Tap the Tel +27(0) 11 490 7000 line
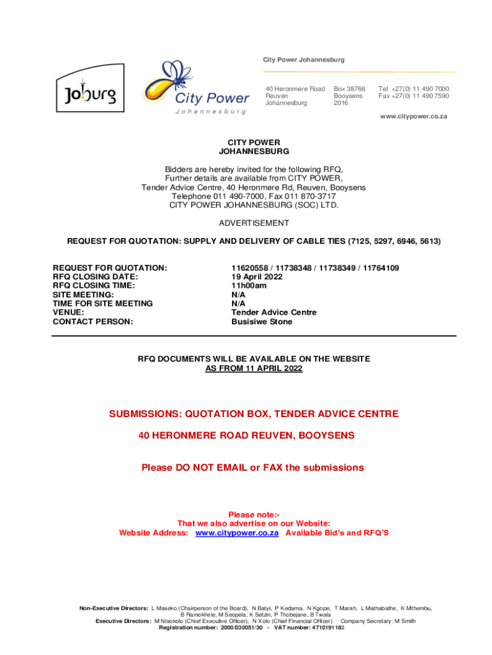click(x=413, y=89)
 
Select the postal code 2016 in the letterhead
click(x=341, y=103)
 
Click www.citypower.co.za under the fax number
click(x=413, y=116)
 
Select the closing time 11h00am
click(x=249, y=285)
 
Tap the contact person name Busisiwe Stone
click(x=261, y=322)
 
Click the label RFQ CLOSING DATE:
click(x=95, y=276)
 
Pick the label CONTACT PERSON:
click(x=93, y=322)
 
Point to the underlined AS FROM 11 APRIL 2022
click(x=254, y=369)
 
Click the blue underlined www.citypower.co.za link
click(x=236, y=533)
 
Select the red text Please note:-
click(x=254, y=514)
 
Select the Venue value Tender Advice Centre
click(x=273, y=313)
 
